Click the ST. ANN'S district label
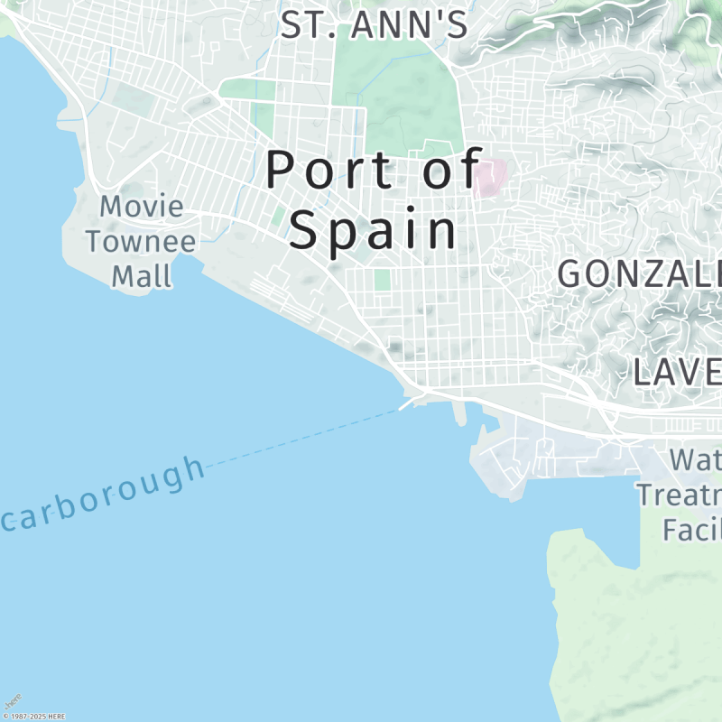(x=374, y=24)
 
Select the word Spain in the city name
(x=373, y=229)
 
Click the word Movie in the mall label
(x=142, y=207)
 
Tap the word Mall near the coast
(x=142, y=275)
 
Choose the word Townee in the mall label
(x=142, y=241)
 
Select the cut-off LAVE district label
(x=676, y=371)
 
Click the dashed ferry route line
(x=307, y=438)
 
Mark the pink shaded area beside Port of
(x=487, y=178)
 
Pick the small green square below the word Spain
(x=382, y=280)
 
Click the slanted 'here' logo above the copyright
(x=13, y=700)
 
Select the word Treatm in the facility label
(x=679, y=495)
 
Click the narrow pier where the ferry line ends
(x=459, y=414)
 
